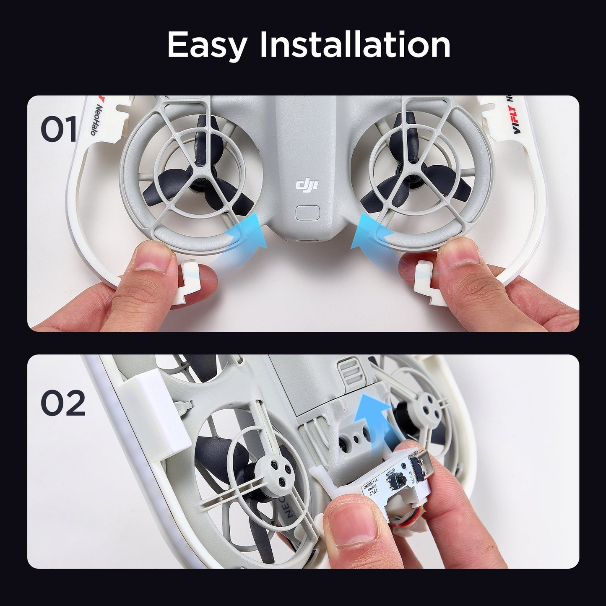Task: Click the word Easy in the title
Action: (x=206, y=45)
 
